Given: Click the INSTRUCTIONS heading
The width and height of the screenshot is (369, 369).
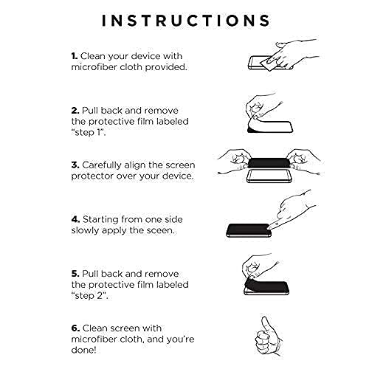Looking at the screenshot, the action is pyautogui.click(x=186, y=20).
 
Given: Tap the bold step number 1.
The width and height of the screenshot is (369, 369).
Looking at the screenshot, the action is pyautogui.click(x=75, y=56).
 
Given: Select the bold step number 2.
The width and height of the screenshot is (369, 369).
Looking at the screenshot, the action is pyautogui.click(x=75, y=111).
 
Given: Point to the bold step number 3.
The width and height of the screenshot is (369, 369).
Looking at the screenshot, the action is pyautogui.click(x=75, y=165).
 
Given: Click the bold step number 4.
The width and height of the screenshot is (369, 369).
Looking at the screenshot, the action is pyautogui.click(x=75, y=219).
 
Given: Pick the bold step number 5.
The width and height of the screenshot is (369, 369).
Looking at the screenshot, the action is pyautogui.click(x=75, y=274).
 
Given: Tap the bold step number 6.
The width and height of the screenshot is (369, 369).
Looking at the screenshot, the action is pyautogui.click(x=75, y=328).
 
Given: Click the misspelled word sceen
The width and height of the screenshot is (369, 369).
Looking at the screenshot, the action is pyautogui.click(x=160, y=231).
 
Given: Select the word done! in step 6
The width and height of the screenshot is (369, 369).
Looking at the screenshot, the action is pyautogui.click(x=83, y=350).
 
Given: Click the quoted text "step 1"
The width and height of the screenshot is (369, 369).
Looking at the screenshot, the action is pyautogui.click(x=89, y=133).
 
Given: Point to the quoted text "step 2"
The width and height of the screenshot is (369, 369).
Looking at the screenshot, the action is pyautogui.click(x=90, y=296).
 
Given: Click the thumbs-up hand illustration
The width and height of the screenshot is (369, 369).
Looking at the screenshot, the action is pyautogui.click(x=269, y=337).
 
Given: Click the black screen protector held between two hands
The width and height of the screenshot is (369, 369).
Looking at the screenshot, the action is pyautogui.click(x=269, y=163).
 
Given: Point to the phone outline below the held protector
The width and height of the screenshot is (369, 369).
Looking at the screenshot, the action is pyautogui.click(x=269, y=176).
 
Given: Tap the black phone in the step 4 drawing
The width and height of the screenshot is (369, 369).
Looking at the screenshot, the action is pyautogui.click(x=249, y=230).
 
